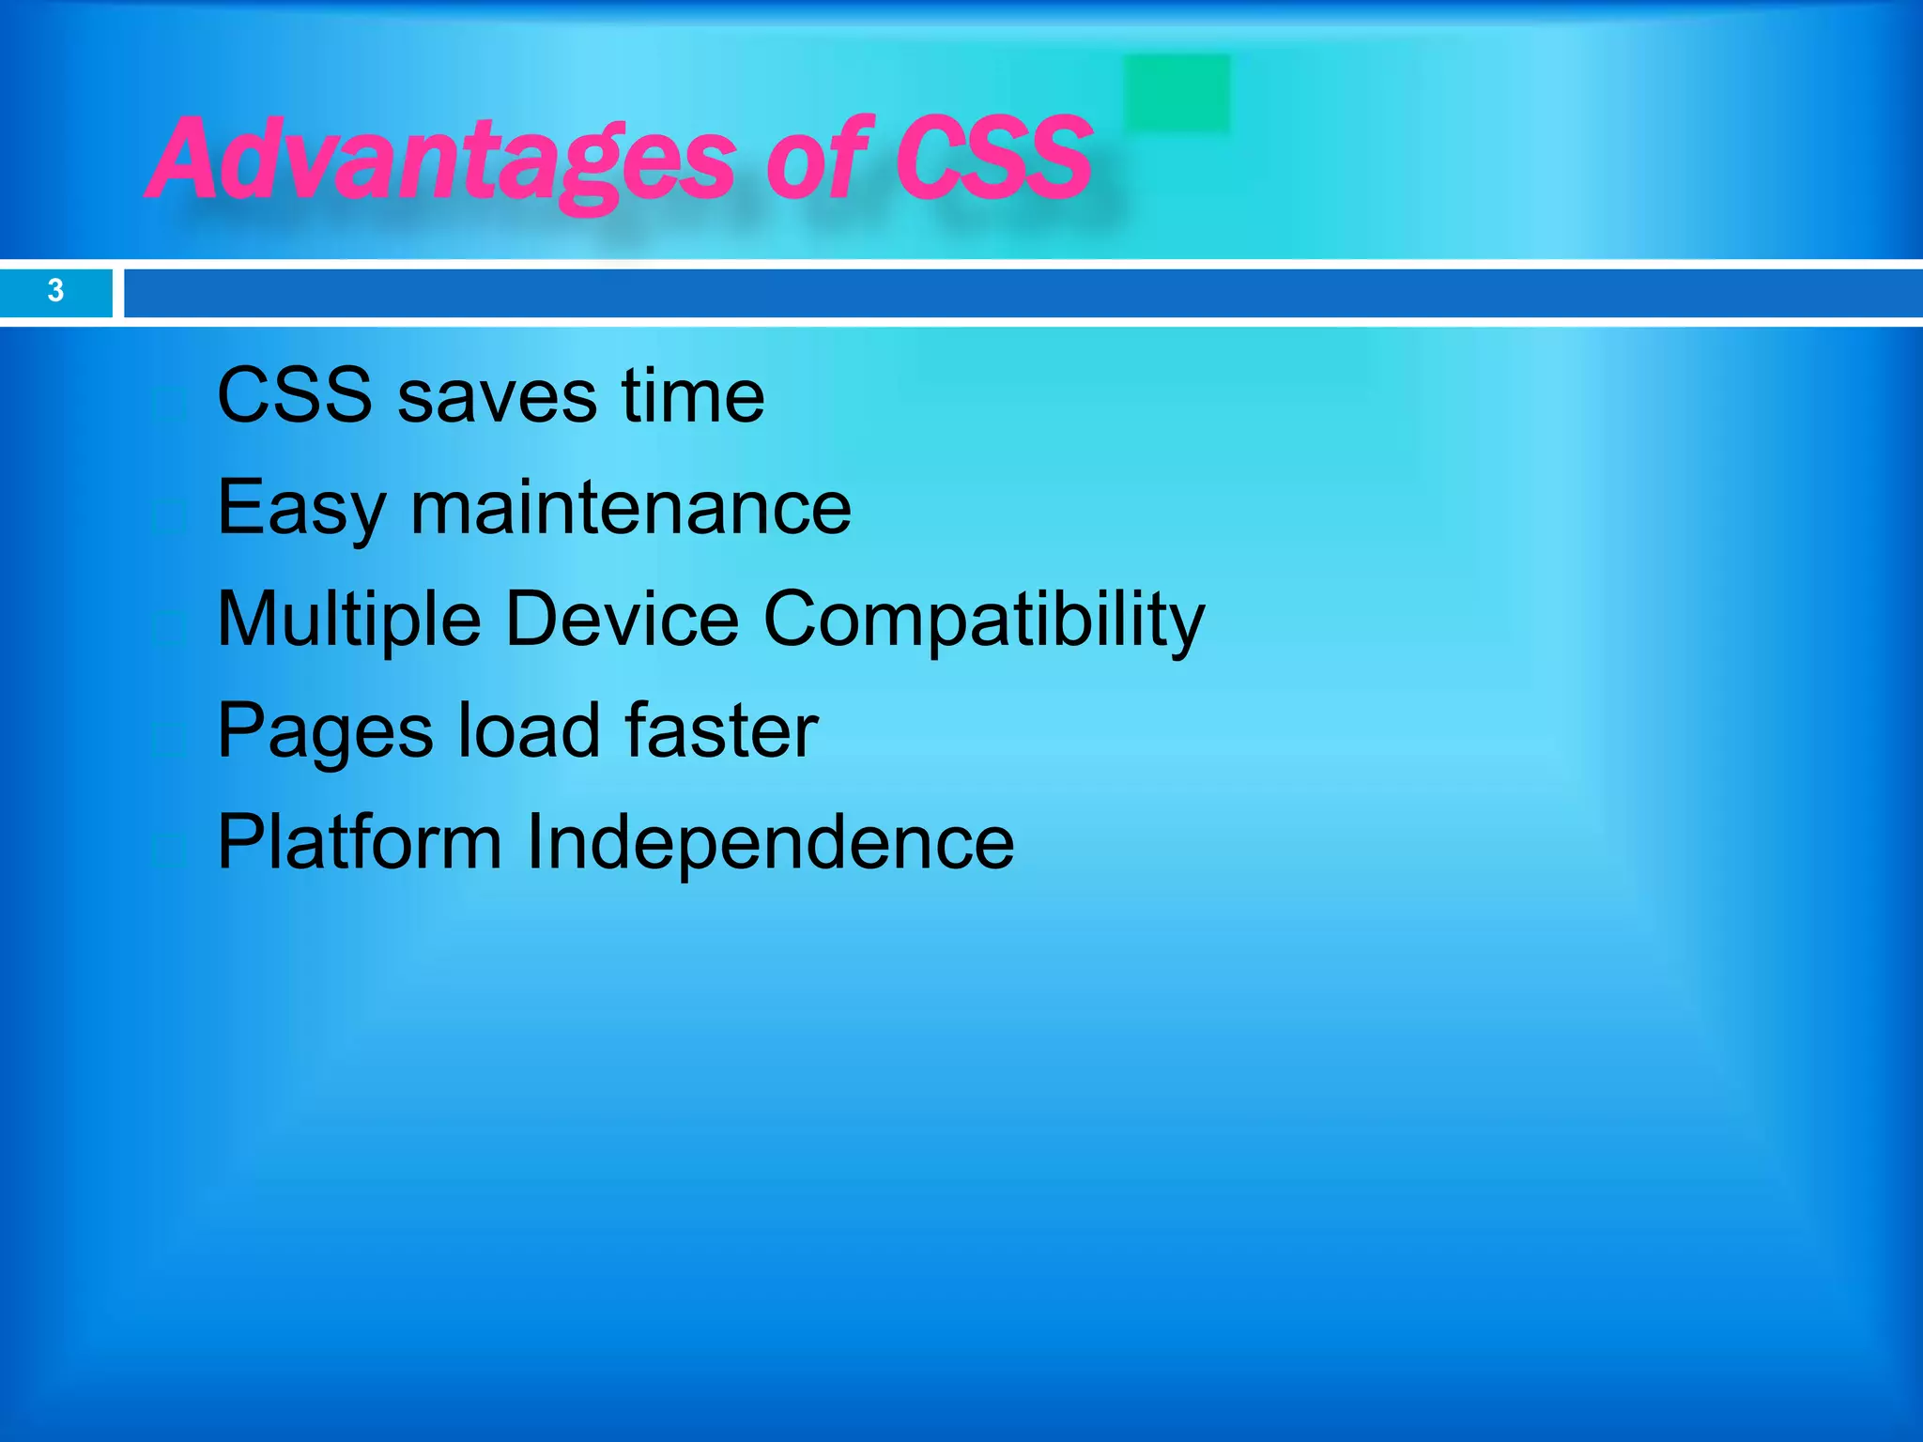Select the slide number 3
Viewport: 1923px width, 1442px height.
55,291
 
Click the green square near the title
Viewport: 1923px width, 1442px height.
1177,93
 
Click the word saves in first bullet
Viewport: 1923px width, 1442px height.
497,396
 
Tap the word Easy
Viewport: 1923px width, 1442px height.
300,509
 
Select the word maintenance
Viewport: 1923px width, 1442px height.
631,509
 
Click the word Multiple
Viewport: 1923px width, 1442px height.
348,620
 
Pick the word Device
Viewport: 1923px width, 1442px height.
622,620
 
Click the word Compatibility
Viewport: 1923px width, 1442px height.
983,620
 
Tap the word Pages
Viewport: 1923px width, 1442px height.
325,732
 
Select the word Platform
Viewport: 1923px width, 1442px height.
360,842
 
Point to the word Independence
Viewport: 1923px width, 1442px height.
769,842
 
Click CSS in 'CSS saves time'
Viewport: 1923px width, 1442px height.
294,396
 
